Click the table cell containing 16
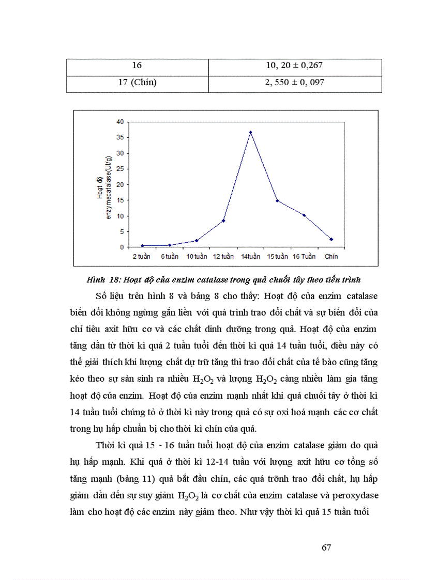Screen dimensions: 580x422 tap(137, 66)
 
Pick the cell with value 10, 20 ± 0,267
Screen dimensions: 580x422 tap(294, 66)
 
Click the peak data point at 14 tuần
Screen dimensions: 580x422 tap(250, 132)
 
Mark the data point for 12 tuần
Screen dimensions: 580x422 tap(223, 221)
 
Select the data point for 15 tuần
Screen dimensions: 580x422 tap(277, 200)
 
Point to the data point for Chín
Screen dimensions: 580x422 tap(331, 239)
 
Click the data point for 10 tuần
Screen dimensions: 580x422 tap(197, 241)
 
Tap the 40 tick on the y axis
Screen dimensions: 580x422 tap(120, 122)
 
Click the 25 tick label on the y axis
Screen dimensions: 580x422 tap(120, 169)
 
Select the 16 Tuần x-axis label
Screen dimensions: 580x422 tap(304, 256)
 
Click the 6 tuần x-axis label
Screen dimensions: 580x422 tap(169, 256)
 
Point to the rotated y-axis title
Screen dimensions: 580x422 tap(103, 186)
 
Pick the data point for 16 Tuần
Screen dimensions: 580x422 tap(304, 215)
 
